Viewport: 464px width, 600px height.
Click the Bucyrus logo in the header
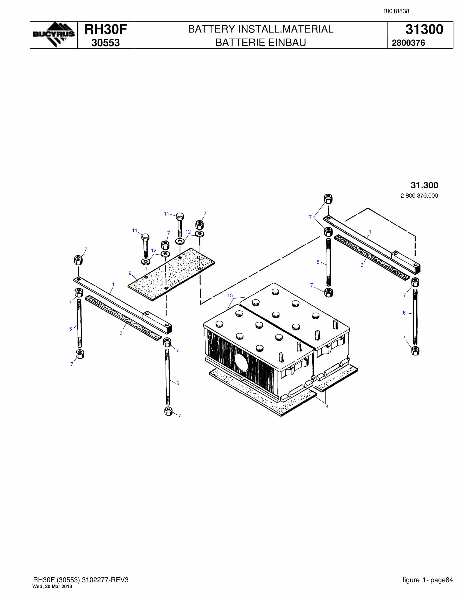[54, 35]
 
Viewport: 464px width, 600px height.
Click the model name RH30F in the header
[106, 29]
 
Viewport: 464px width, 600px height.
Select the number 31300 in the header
[424, 29]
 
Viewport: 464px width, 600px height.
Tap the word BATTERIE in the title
[240, 43]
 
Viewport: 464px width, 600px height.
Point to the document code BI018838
[396, 11]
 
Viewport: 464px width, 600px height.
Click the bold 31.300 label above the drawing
[424, 185]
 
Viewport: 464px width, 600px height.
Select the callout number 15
[230, 296]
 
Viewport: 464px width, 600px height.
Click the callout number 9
[130, 273]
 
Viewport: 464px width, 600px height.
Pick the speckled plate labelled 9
[171, 274]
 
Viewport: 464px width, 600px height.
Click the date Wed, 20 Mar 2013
[52, 587]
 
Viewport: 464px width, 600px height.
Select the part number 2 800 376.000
[419, 196]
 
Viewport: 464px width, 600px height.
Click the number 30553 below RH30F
[106, 43]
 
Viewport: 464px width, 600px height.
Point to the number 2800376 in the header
[408, 43]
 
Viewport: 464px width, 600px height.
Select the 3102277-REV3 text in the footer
[105, 580]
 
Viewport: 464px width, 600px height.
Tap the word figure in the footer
[411, 580]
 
